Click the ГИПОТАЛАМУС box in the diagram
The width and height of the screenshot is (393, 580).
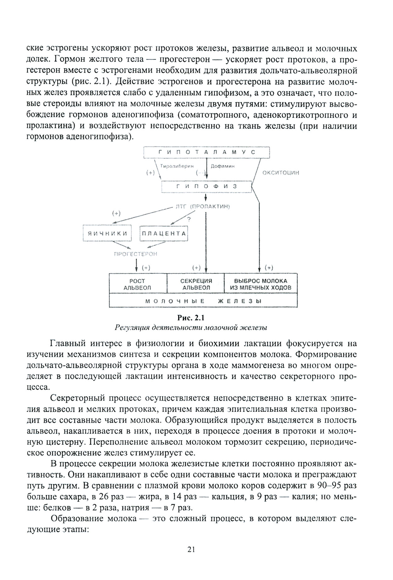[206, 152]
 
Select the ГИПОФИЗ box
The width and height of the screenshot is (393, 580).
[206, 187]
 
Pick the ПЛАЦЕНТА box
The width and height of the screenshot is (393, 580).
[163, 233]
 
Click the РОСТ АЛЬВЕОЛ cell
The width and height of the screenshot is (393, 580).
[137, 284]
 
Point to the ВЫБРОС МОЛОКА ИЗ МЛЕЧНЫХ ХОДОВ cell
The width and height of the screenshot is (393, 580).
[261, 284]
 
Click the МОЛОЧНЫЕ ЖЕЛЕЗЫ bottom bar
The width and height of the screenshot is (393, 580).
[203, 301]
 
